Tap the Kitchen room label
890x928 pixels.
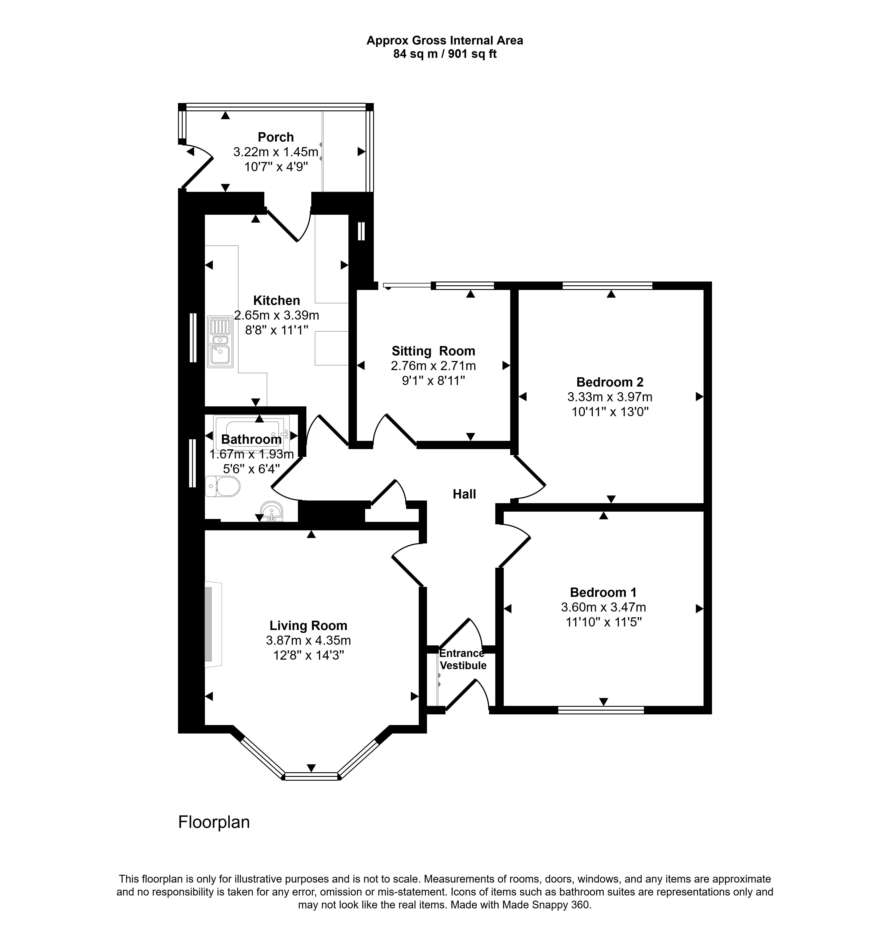(277, 301)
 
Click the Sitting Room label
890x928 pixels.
(433, 351)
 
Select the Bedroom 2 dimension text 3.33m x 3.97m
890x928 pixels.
(610, 397)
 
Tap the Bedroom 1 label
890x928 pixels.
(603, 592)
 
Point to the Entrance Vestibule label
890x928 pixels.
(463, 660)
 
